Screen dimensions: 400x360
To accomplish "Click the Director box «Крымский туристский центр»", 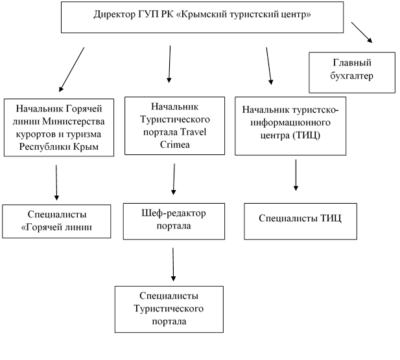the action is coord(202,17).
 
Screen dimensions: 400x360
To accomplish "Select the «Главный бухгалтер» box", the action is coord(352,73).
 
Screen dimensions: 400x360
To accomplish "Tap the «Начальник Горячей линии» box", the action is coord(59,127).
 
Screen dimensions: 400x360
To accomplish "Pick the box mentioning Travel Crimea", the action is coord(175,126).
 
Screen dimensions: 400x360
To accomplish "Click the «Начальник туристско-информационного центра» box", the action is coord(290,126).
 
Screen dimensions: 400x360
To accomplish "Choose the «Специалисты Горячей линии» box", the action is coord(56,221).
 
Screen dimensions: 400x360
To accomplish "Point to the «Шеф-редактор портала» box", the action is coord(174,221).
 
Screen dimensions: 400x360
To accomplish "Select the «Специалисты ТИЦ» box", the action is coord(301,221).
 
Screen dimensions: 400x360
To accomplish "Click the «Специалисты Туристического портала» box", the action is coord(169,309).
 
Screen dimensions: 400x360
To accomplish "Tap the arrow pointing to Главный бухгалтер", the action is coord(362,32).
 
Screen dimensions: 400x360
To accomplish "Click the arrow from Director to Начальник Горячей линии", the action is coord(71,69).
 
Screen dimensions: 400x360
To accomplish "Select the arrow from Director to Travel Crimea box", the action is coord(169,64).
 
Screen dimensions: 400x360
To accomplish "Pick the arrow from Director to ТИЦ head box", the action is coord(269,66).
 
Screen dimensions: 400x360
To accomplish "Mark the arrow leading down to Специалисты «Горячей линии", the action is coord(56,182).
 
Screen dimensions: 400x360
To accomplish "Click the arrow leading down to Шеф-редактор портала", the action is coord(174,179).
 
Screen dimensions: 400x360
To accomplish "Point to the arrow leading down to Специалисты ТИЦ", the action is coord(296,175).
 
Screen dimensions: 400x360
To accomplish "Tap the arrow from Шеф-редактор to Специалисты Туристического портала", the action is coord(173,265).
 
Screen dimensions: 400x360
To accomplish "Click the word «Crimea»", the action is coord(175,145).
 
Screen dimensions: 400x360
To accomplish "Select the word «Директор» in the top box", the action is coord(115,14).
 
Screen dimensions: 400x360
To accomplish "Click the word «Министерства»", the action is coord(73,121).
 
